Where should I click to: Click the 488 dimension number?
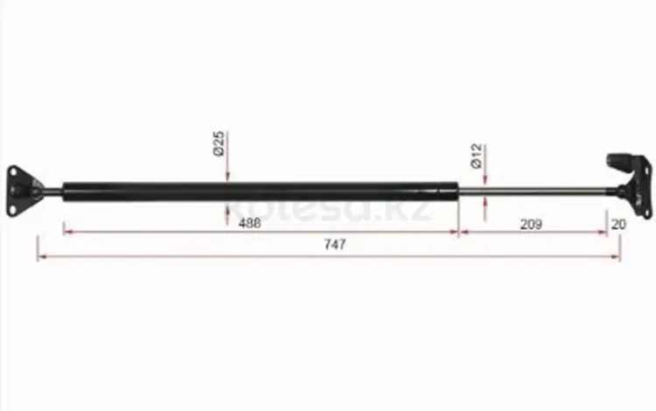(x=250, y=223)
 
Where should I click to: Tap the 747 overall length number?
(x=335, y=244)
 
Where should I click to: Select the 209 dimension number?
(x=531, y=225)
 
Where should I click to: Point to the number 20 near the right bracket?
(x=618, y=225)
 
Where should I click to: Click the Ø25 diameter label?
(x=219, y=143)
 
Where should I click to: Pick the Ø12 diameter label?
(x=477, y=156)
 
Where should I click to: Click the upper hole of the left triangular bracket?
(x=13, y=172)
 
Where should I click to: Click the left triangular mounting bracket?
(x=23, y=192)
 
